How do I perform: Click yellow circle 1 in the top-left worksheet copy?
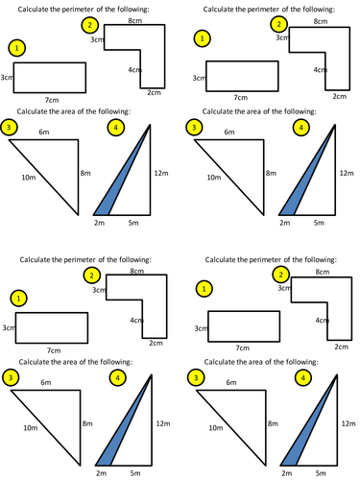coord(16,48)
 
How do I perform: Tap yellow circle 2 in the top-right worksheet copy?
coord(279,24)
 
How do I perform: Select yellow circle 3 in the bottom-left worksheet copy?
coord(11,378)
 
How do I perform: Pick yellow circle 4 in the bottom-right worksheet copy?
coord(302,378)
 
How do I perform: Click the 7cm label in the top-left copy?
coord(52,100)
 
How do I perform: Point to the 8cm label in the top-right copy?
coord(321,21)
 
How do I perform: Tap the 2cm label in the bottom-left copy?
coord(156,343)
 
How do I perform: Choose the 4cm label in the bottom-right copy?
coord(322,320)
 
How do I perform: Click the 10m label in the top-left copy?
coord(29,178)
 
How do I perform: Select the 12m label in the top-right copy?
coord(347,173)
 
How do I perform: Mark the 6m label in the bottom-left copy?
coord(46,382)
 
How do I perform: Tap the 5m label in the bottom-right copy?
coord(321,473)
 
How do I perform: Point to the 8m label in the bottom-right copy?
coord(273,423)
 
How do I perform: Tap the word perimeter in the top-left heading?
coord(78,10)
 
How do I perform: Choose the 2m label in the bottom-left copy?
coord(101,473)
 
